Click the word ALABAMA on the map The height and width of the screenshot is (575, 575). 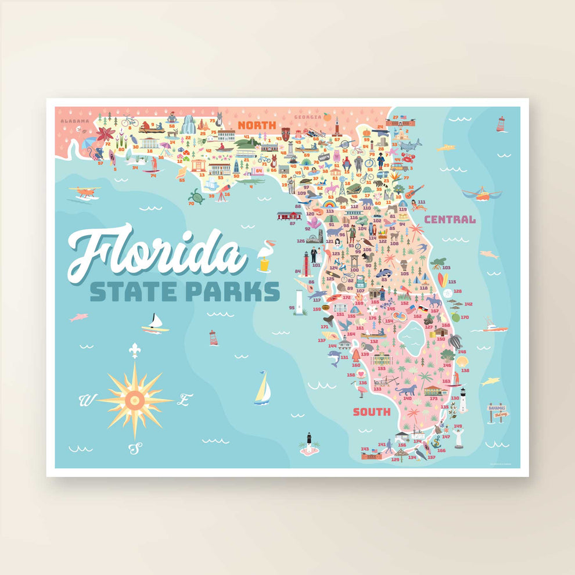tap(76, 121)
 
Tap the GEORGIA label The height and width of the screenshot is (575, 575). tap(307, 118)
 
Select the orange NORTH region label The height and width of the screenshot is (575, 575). tap(257, 125)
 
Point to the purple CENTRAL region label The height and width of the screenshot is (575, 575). tap(450, 220)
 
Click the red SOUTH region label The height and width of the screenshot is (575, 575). tap(371, 412)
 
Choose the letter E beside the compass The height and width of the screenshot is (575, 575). tap(184, 400)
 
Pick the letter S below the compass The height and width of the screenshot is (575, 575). tap(135, 448)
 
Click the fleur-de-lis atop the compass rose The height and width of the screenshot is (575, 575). tap(135, 350)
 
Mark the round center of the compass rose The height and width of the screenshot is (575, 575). tap(135, 399)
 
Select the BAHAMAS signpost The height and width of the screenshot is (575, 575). tap(497, 412)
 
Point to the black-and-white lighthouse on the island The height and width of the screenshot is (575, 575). tap(310, 441)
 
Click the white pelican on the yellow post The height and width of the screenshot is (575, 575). tap(265, 254)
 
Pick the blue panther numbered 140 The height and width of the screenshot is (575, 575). tap(408, 390)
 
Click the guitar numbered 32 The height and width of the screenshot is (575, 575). tap(414, 191)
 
